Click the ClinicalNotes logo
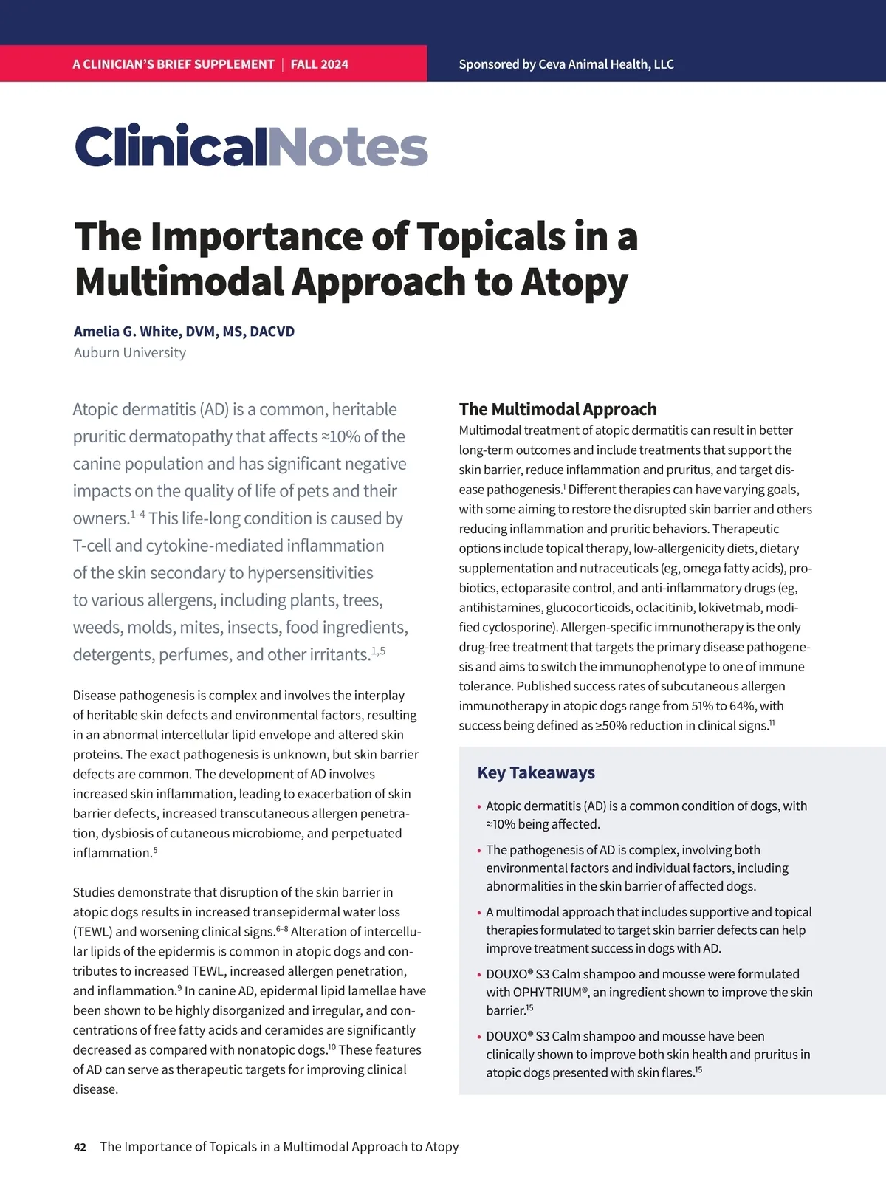coord(251,147)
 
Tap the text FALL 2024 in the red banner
coord(319,64)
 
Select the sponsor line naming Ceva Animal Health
coord(566,64)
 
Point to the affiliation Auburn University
coord(129,352)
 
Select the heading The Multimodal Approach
coord(557,409)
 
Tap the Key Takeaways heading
coord(536,772)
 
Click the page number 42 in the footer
coord(80,1147)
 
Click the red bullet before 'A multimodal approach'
coord(479,914)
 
